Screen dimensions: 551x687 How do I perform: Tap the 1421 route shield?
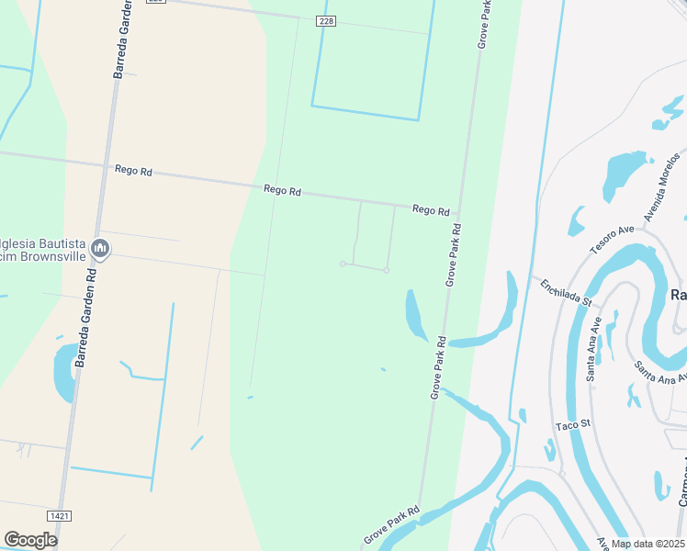point(62,517)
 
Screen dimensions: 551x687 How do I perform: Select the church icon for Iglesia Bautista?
point(100,248)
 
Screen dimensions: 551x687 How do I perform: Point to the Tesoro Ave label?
point(612,240)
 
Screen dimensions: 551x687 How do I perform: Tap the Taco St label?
point(571,426)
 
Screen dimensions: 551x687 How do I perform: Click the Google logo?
point(29,540)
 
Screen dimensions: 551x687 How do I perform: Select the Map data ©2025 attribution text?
point(647,544)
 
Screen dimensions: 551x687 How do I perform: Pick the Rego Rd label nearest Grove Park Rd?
point(431,210)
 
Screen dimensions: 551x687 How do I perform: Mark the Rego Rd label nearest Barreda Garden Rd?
point(133,170)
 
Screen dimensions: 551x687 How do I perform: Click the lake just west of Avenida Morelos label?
point(624,174)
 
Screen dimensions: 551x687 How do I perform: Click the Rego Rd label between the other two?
point(282,190)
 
